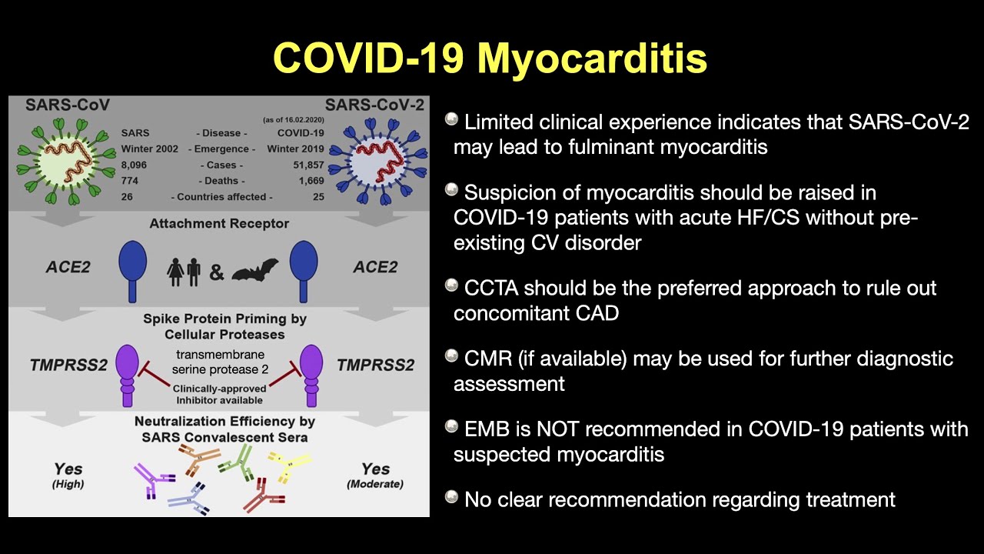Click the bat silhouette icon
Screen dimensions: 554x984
point(254,271)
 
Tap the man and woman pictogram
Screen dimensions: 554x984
point(184,271)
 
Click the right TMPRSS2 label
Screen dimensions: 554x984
point(375,365)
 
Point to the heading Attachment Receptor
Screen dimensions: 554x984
point(219,224)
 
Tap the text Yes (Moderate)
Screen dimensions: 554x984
point(375,475)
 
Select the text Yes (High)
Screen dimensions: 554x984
point(68,475)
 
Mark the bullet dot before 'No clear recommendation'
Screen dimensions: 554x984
point(452,497)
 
